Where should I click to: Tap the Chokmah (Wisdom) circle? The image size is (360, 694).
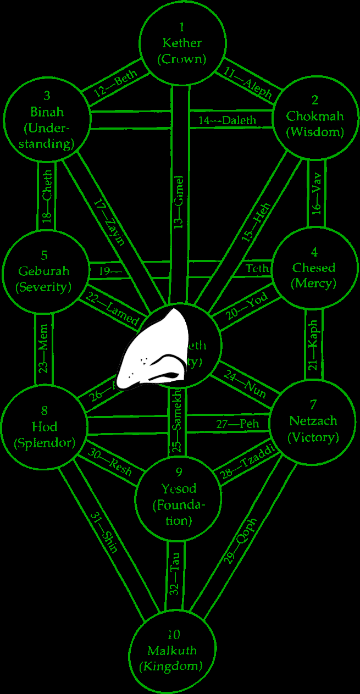315,117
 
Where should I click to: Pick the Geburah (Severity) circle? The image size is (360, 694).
44,271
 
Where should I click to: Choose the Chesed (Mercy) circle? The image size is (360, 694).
314,268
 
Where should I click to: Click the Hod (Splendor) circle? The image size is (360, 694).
44,427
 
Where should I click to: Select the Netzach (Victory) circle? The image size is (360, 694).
313,421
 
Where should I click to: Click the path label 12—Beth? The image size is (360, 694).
115,85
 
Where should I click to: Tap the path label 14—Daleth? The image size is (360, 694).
227,120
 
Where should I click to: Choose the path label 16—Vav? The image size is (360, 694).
315,198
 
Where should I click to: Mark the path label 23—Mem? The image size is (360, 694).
44,356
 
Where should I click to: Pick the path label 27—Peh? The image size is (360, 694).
237,424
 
